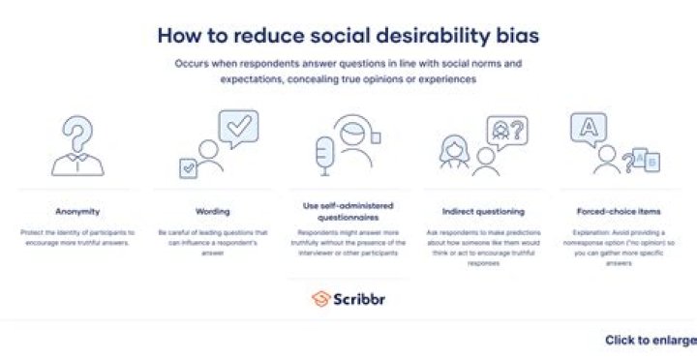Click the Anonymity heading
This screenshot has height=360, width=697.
coord(77,210)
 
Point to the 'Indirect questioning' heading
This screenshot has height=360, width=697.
coord(482,210)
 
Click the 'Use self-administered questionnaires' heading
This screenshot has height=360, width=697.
coord(349,211)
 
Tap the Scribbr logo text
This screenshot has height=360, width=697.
coord(361,298)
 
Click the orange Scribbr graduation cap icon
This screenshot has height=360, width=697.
coord(320,298)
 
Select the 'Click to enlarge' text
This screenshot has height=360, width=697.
coord(650,340)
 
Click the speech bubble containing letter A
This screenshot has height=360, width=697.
coord(588,126)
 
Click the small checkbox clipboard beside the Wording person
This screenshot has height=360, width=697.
coord(188,166)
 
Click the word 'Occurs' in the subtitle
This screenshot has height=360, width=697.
coord(192,63)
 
